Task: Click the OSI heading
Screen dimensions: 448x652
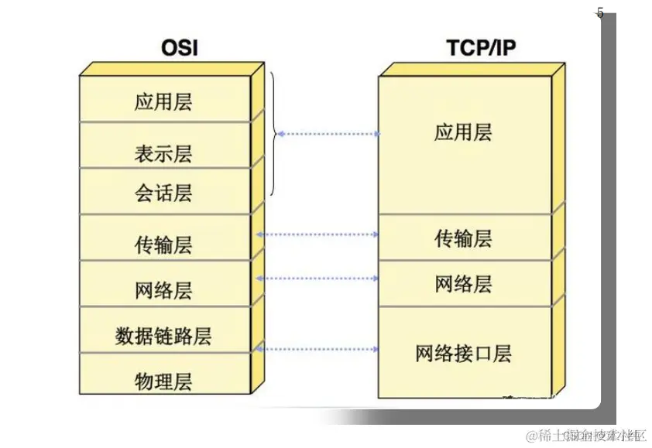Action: [x=180, y=48]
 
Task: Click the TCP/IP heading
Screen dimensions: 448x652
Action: [x=481, y=48]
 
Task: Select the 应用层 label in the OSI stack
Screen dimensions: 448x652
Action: [x=163, y=102]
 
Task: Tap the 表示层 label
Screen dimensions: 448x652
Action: [x=163, y=154]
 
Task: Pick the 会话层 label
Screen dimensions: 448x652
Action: [x=163, y=193]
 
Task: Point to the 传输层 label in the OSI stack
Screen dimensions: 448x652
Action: [x=163, y=246]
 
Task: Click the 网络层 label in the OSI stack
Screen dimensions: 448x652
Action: [x=163, y=291]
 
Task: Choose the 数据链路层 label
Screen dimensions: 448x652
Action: [x=163, y=337]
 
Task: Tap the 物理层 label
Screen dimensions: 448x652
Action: [x=163, y=381]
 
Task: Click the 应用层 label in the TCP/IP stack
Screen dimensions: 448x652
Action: [x=463, y=132]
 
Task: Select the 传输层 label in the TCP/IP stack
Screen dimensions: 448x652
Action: [x=463, y=238]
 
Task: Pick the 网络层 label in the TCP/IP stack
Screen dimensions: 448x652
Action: [x=463, y=284]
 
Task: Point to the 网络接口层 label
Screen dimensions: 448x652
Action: [x=463, y=354]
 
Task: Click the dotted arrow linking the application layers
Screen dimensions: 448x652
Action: [x=329, y=134]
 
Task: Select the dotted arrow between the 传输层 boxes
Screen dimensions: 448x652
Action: [x=317, y=234]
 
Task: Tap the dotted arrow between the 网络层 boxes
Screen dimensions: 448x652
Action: [x=317, y=278]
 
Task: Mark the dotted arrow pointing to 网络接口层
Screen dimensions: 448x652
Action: [x=317, y=350]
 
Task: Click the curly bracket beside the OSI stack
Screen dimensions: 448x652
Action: [x=273, y=134]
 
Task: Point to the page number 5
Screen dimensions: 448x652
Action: [x=600, y=13]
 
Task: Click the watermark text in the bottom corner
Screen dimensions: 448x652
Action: [x=585, y=434]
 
